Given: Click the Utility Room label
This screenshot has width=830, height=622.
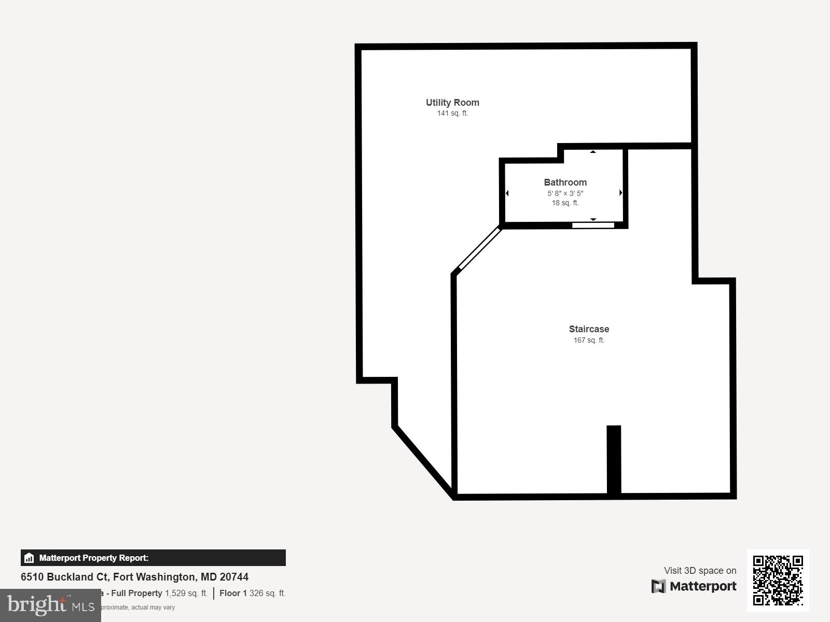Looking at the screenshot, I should click(452, 103).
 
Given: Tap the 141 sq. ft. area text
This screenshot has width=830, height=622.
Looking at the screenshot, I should click(452, 114).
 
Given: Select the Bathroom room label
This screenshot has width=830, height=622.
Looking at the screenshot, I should click(565, 182).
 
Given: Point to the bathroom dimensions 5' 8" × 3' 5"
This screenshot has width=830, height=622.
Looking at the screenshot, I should click(565, 193).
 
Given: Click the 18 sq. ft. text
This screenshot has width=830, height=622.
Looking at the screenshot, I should click(565, 203).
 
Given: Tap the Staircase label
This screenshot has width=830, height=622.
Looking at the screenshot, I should click(589, 329).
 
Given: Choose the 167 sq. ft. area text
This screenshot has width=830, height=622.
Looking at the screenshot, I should click(589, 341).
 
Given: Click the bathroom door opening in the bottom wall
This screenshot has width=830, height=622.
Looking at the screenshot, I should click(593, 225).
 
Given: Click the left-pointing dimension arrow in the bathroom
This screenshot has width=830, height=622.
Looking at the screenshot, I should click(507, 193).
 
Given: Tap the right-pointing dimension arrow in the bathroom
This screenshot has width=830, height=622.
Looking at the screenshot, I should click(621, 193).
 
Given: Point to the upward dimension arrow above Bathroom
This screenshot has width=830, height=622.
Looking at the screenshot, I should click(593, 152).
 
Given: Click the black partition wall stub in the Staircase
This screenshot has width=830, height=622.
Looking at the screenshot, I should click(614, 459).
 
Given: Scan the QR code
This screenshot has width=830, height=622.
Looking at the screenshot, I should click(778, 580).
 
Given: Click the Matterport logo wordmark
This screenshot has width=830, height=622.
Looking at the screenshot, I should click(694, 586).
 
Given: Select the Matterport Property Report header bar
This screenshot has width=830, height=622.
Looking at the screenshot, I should click(153, 558).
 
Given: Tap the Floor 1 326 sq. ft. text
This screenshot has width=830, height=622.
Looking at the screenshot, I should click(252, 593).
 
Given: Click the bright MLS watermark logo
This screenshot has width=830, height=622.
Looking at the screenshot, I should click(50, 605).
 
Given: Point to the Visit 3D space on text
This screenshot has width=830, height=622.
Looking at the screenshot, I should click(700, 571).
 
